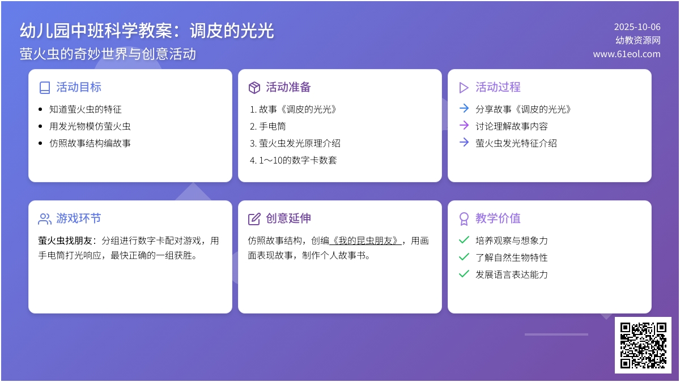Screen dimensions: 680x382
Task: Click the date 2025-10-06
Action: (637, 27)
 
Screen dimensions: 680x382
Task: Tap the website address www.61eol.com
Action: (627, 54)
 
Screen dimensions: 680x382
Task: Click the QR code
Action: (643, 345)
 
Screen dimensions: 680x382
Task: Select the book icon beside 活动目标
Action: (45, 88)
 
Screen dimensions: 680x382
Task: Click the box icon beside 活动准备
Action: (254, 88)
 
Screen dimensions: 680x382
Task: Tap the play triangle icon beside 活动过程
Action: (464, 88)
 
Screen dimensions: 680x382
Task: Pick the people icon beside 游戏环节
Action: (45, 219)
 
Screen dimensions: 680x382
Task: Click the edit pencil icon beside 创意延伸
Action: (254, 219)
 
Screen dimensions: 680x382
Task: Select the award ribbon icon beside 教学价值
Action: (464, 219)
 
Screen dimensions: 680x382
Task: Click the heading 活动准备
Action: (288, 87)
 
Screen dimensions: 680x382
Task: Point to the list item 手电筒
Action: (273, 126)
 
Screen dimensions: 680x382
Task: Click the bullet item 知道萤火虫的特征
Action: (86, 109)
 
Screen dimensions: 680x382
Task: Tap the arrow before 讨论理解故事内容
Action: (464, 125)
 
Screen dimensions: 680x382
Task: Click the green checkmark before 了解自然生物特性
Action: (464, 257)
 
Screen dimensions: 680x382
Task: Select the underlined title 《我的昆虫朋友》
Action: (365, 241)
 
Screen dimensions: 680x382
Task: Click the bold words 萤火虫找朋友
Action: (65, 241)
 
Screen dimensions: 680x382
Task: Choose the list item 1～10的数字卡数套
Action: (298, 160)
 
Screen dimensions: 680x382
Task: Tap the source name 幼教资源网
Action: (638, 40)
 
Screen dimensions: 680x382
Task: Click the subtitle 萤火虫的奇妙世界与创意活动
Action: (108, 54)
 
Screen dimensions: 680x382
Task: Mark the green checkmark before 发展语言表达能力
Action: (464, 274)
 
